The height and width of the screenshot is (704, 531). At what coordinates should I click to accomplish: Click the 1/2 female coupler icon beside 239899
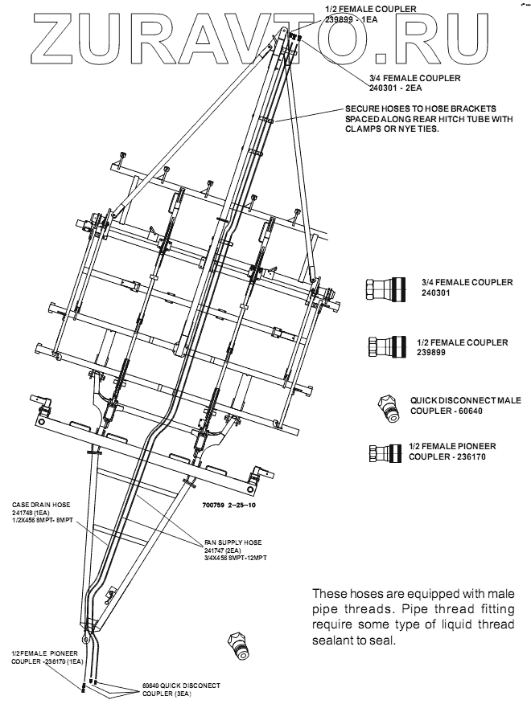(x=382, y=347)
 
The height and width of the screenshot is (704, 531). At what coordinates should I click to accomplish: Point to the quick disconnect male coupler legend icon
(x=392, y=407)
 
